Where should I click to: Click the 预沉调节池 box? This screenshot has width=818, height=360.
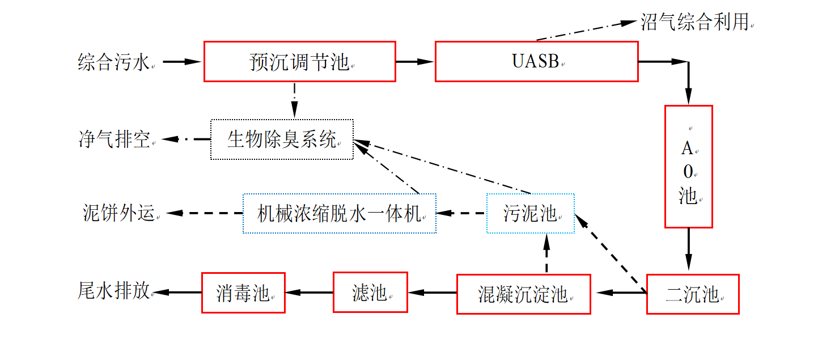coord(299,61)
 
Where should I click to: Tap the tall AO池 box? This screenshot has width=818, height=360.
coord(688,166)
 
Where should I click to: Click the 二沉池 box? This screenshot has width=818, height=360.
coord(692,294)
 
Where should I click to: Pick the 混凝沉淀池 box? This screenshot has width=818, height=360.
coord(523,294)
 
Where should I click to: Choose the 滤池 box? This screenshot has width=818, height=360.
coord(370,293)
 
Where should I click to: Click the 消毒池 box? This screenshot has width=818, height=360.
coord(243,293)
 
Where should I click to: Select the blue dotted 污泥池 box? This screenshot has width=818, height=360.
coord(530,213)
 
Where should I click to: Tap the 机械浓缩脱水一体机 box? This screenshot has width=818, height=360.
coord(339,213)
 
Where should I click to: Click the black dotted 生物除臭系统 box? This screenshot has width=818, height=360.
coord(282,139)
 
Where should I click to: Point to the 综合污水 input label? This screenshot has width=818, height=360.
coord(114,62)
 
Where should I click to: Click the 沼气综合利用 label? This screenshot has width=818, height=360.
coord(694,22)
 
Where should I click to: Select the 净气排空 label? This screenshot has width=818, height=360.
coord(114,139)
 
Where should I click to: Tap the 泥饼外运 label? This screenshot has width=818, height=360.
coord(118,213)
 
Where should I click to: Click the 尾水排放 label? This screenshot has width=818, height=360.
coord(114,291)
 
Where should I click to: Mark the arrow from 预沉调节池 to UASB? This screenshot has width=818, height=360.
coord(414,61)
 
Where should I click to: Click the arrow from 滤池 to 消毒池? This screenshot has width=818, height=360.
coord(308,293)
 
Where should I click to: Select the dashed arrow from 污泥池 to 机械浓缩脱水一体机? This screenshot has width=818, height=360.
coord(461,213)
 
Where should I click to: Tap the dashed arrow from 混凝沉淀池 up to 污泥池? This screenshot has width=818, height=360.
coord(546,253)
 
